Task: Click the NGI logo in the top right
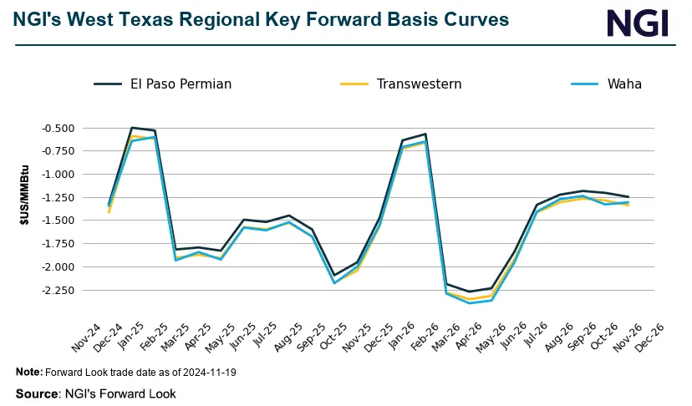pos(638,23)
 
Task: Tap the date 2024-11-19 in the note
pos(209,372)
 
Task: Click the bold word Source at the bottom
pos(38,393)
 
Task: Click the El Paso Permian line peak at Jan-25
pos(132,128)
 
